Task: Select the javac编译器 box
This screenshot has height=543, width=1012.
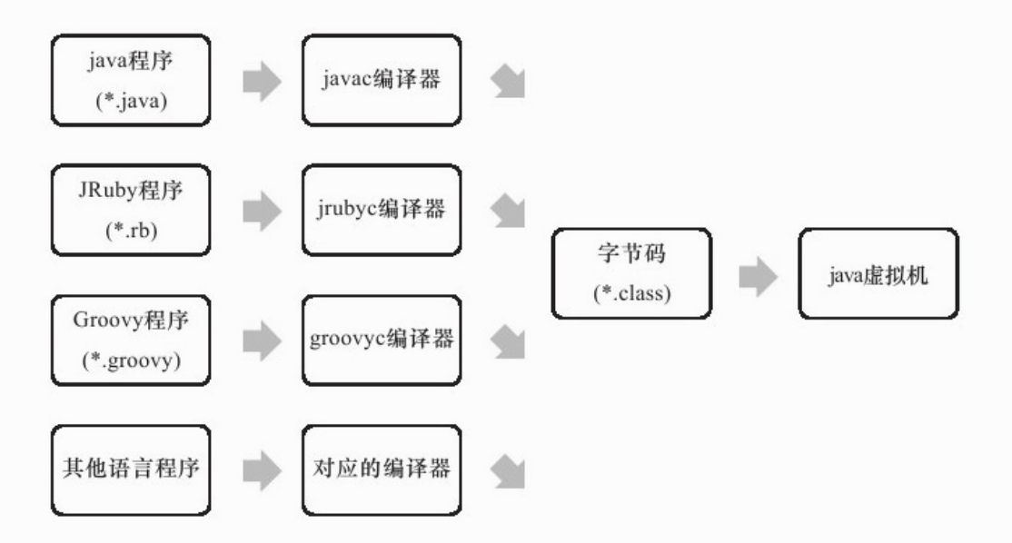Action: click(376, 82)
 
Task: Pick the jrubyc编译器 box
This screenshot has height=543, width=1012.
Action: click(376, 209)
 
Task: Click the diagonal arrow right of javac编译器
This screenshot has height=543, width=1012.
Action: click(507, 82)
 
